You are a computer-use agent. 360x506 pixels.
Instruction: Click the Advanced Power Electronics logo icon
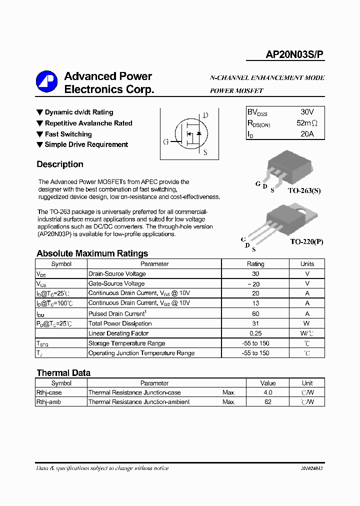pos(46,82)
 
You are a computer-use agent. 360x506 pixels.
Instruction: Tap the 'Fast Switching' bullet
pos(68,134)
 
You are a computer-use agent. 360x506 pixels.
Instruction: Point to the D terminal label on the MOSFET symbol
pos(205,115)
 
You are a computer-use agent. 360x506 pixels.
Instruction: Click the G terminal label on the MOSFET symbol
pos(166,141)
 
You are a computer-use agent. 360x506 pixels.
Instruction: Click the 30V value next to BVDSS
pos(307,111)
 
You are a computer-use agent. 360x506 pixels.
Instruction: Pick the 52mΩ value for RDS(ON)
pos(306,123)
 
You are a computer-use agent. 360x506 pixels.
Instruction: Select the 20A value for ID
pos(307,134)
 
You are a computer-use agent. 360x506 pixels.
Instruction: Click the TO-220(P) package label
pos(306,241)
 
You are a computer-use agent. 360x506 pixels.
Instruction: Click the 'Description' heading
pos(60,164)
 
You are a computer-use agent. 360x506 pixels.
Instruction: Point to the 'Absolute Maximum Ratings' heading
pos(92,253)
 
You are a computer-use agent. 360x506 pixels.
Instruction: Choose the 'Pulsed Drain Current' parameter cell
pos(116,313)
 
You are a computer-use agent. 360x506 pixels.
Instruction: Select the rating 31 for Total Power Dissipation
pos(255,323)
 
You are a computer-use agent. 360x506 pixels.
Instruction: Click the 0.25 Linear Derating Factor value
pos(255,333)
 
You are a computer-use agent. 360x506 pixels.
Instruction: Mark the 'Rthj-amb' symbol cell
pos(48,402)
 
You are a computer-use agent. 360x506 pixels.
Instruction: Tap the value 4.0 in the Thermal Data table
pos(268,392)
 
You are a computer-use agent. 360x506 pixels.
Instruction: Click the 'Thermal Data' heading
pos(63,372)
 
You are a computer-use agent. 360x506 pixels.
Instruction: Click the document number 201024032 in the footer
pos(311,468)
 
